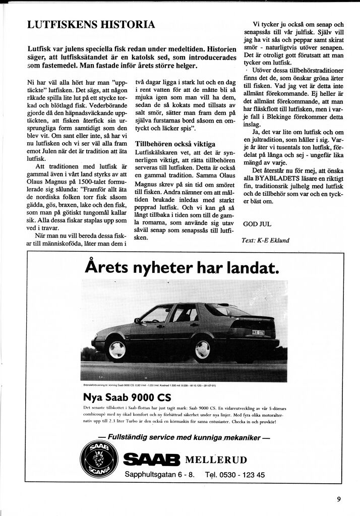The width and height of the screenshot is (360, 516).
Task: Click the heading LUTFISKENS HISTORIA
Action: click(x=91, y=25)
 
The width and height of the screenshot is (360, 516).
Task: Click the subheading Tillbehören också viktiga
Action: click(x=175, y=144)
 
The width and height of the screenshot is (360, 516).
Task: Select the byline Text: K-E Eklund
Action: click(x=265, y=241)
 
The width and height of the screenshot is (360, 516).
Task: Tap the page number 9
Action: click(x=339, y=499)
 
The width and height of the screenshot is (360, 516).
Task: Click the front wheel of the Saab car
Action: click(x=116, y=349)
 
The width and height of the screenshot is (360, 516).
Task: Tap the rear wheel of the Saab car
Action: click(x=203, y=349)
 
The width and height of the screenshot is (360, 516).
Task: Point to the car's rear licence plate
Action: click(x=258, y=332)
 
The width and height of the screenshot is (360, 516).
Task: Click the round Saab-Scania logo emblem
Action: click(x=99, y=458)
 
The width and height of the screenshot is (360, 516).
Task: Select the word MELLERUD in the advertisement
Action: click(x=216, y=460)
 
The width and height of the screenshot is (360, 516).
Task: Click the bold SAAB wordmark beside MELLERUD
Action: click(x=151, y=460)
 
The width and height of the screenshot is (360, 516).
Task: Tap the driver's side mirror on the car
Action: click(x=137, y=320)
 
